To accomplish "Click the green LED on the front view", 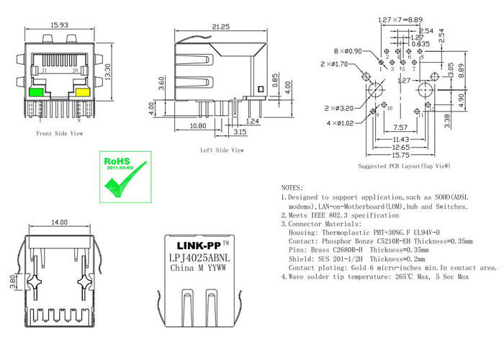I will point(35,91).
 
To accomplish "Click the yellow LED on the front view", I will point(82,91).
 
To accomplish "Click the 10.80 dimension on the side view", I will point(178,125).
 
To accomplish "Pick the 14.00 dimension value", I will point(58,223).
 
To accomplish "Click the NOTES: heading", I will point(293,186).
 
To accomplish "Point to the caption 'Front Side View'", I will point(59,133).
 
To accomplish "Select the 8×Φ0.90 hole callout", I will point(349,52).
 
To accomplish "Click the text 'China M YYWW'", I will point(198,269).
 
